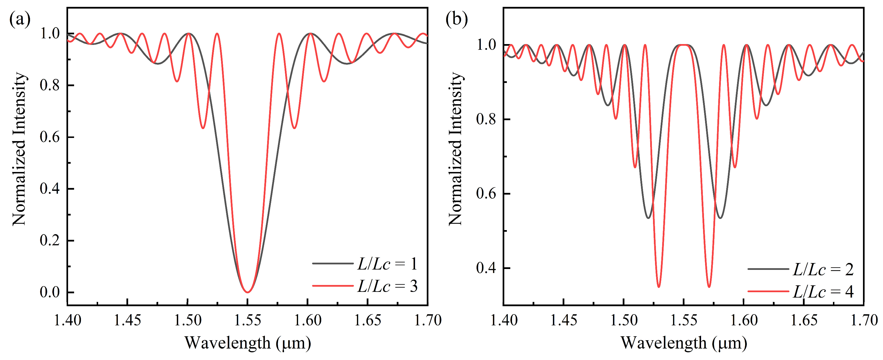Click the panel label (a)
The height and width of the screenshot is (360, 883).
tap(19, 19)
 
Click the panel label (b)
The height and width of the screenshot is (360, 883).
tap(456, 19)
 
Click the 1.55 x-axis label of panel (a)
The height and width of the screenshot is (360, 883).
tap(247, 321)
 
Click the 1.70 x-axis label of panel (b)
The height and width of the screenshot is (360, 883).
tap(864, 321)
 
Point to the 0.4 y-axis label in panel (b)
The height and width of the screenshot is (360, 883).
tap(486, 268)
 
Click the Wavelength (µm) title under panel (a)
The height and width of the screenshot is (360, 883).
tap(247, 343)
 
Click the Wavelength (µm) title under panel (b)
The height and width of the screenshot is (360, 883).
tap(684, 343)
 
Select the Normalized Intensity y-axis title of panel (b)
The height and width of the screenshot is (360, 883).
tap(456, 149)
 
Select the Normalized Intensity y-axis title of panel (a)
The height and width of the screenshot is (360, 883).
tap(19, 149)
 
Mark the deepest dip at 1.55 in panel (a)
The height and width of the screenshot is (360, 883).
tap(247, 292)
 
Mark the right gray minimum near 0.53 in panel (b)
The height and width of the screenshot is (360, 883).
tap(720, 218)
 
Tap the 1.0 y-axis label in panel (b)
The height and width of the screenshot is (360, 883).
tap(486, 45)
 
